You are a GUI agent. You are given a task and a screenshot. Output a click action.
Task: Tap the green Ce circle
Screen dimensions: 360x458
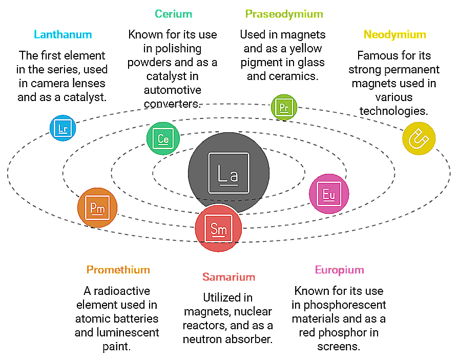coord(163,138)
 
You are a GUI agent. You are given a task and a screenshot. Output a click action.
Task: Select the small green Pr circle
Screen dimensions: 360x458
coord(284,107)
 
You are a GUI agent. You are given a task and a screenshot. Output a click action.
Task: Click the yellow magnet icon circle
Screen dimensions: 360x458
coord(419,138)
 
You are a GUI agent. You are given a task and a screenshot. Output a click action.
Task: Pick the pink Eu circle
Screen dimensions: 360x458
coord(329,194)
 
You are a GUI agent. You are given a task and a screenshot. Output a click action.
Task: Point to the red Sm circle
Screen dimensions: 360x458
coord(219,228)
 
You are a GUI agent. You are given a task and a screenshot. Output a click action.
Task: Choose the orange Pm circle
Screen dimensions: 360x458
coord(97,208)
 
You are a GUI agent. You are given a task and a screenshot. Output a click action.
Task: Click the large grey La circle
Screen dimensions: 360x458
coord(228,172)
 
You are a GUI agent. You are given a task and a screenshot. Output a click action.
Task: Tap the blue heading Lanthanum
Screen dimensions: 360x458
coord(63,35)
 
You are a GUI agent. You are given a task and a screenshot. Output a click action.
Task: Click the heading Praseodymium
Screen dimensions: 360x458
coord(284,14)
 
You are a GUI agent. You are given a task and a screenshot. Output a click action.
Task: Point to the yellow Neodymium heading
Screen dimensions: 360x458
coord(394,35)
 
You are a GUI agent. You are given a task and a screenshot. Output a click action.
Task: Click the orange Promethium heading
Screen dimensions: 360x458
coord(118,270)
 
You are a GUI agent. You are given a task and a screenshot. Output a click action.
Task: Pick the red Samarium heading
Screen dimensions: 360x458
coord(228,277)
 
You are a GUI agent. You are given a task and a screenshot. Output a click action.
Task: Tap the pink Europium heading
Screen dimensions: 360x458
coord(339,270)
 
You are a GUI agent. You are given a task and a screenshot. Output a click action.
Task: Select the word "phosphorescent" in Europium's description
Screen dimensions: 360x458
coord(339,305)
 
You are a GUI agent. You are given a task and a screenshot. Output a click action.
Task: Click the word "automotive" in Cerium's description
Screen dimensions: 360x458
coord(172,90)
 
